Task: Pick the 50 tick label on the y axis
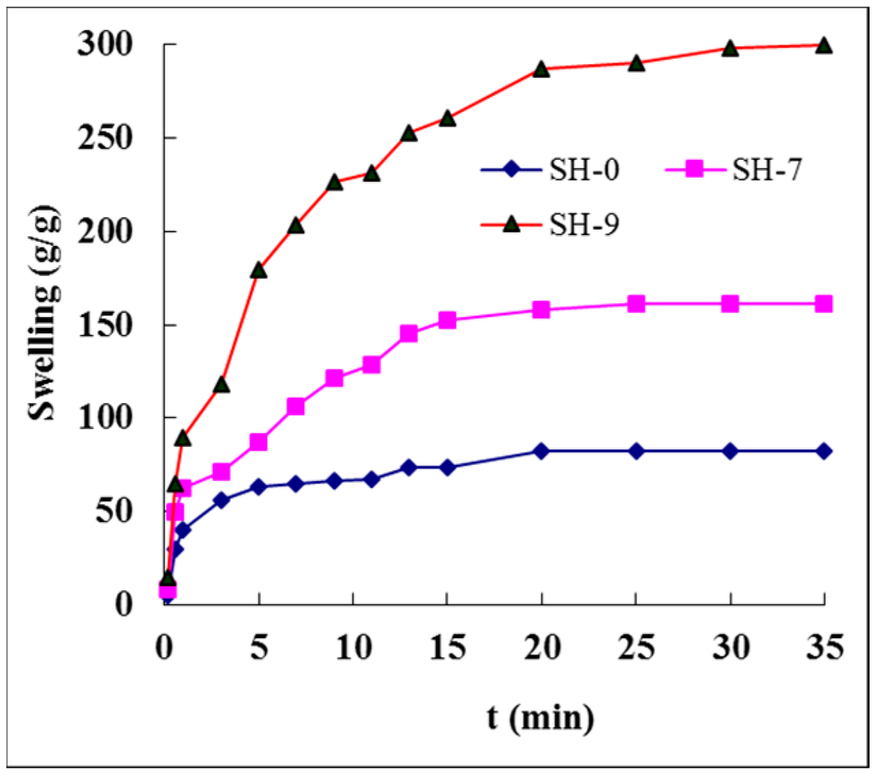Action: (x=128, y=512)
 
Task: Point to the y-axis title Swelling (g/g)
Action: (x=43, y=325)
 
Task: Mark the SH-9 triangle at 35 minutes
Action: (x=823, y=45)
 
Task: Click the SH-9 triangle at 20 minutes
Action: (x=541, y=69)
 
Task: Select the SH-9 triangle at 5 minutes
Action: (x=259, y=270)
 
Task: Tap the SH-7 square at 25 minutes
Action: (x=636, y=304)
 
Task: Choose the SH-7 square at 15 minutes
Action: (x=447, y=320)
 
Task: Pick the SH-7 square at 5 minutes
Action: (x=259, y=442)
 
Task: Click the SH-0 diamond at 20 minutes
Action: (x=541, y=451)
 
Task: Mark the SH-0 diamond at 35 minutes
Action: (x=823, y=451)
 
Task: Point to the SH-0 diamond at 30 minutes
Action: (x=730, y=451)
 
